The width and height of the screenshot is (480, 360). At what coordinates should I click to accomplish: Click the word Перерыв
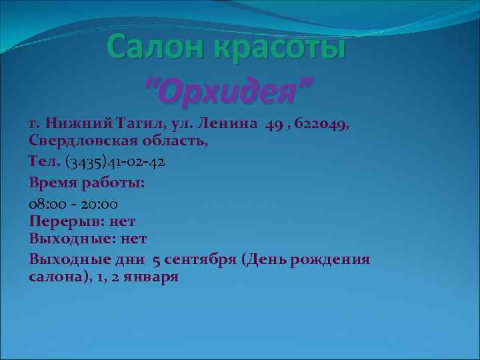64,220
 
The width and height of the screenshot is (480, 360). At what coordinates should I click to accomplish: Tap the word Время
53,182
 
